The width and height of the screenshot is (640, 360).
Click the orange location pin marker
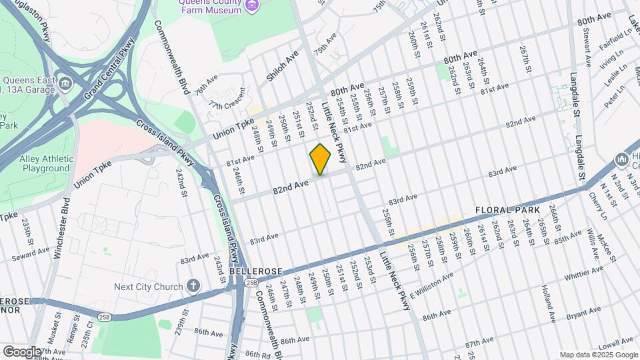[321, 159]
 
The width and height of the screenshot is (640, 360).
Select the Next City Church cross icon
[193, 287]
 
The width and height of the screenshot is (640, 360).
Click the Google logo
[22, 351]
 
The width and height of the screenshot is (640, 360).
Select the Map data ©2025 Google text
[598, 355]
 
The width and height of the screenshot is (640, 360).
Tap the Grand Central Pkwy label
[109, 69]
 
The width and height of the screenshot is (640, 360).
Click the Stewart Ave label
[587, 46]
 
